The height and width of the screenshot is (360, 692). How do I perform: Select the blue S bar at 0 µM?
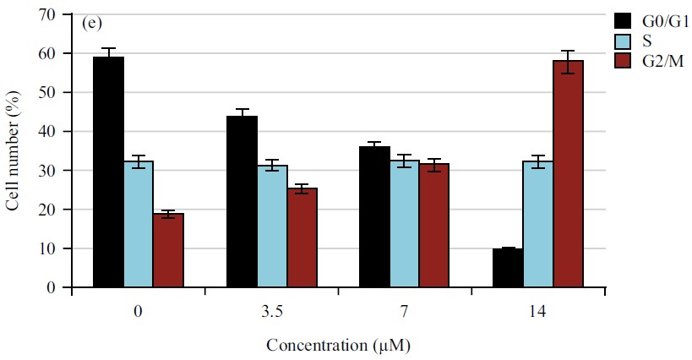pos(138,224)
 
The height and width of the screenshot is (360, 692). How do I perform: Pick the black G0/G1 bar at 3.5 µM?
pos(242,202)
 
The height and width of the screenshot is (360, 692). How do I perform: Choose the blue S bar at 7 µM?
pos(404,224)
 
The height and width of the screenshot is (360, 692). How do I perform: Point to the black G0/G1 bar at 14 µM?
pos(508,268)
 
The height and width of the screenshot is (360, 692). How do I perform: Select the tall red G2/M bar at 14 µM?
pos(568,174)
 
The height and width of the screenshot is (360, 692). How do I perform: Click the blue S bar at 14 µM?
pos(537,224)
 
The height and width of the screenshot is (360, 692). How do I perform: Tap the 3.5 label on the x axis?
pos(271,312)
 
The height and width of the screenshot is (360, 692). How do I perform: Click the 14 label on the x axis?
pos(537,312)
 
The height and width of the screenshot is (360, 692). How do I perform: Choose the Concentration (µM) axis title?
pos(339,346)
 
